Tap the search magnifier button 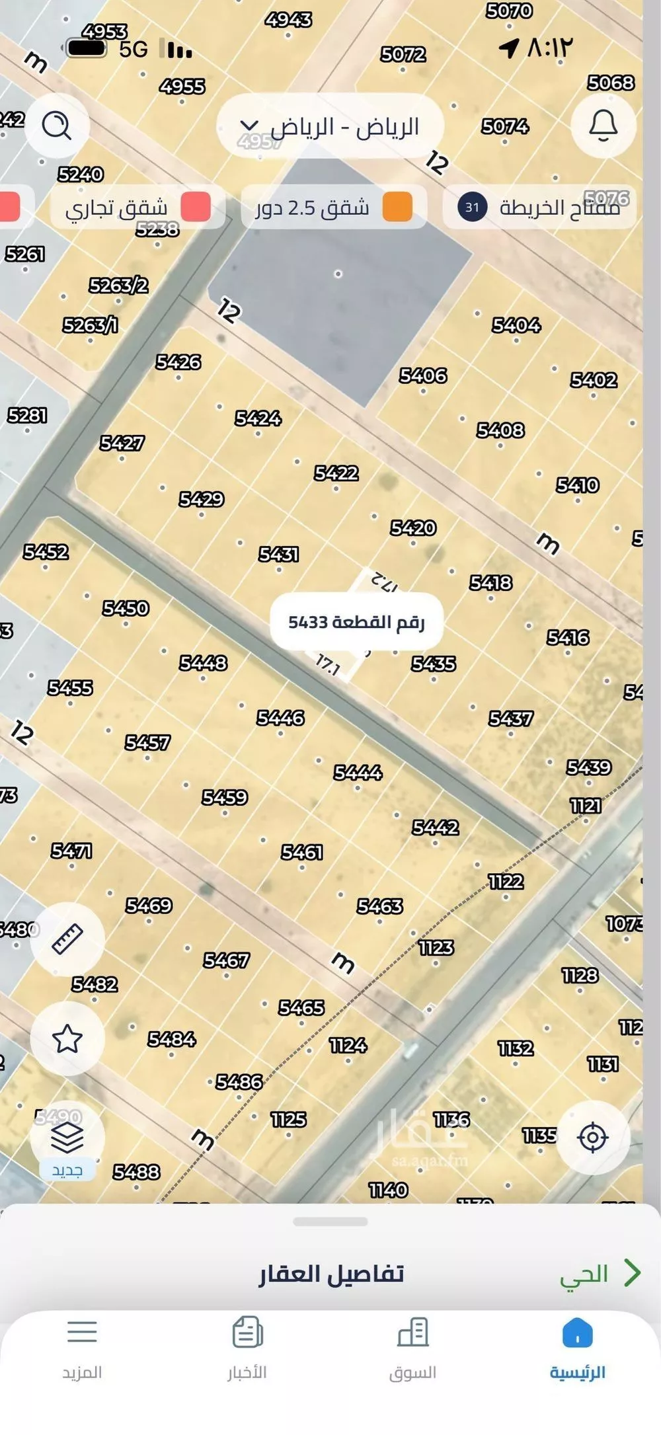[x=57, y=126]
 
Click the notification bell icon [x=603, y=126]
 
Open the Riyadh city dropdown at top [x=330, y=126]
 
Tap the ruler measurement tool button [x=67, y=939]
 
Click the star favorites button [x=67, y=1038]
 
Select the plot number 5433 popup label [x=356, y=622]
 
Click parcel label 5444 [x=358, y=772]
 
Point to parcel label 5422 [x=336, y=473]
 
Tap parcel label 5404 [x=516, y=325]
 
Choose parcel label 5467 [x=226, y=960]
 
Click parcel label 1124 [x=348, y=1045]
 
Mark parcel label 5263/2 [x=119, y=286]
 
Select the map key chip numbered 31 [x=539, y=208]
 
